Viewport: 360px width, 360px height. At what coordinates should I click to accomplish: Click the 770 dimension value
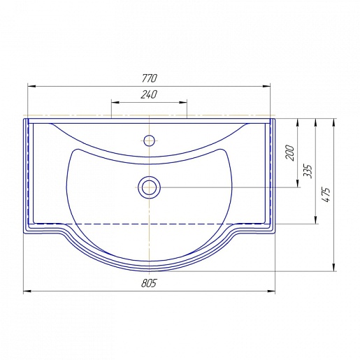(150, 78)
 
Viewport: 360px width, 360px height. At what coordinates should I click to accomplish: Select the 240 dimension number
(149, 94)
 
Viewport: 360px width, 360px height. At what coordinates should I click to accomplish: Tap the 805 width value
(149, 283)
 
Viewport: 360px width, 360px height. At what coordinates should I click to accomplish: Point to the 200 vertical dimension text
(290, 152)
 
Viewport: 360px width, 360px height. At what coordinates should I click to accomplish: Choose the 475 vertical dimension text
(326, 194)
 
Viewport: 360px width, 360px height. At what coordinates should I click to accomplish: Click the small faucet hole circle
(149, 141)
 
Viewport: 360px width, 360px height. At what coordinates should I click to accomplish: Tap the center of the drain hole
(149, 187)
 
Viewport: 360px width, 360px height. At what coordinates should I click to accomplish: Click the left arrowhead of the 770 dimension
(31, 86)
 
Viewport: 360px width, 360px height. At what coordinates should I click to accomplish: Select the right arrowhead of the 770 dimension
(266, 86)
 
